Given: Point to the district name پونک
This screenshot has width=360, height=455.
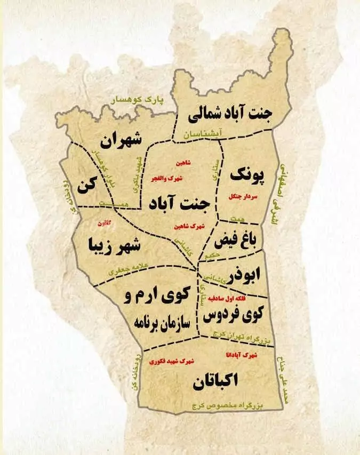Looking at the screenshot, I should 247,174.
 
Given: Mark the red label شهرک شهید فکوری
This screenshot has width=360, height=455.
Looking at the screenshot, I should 172,361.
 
